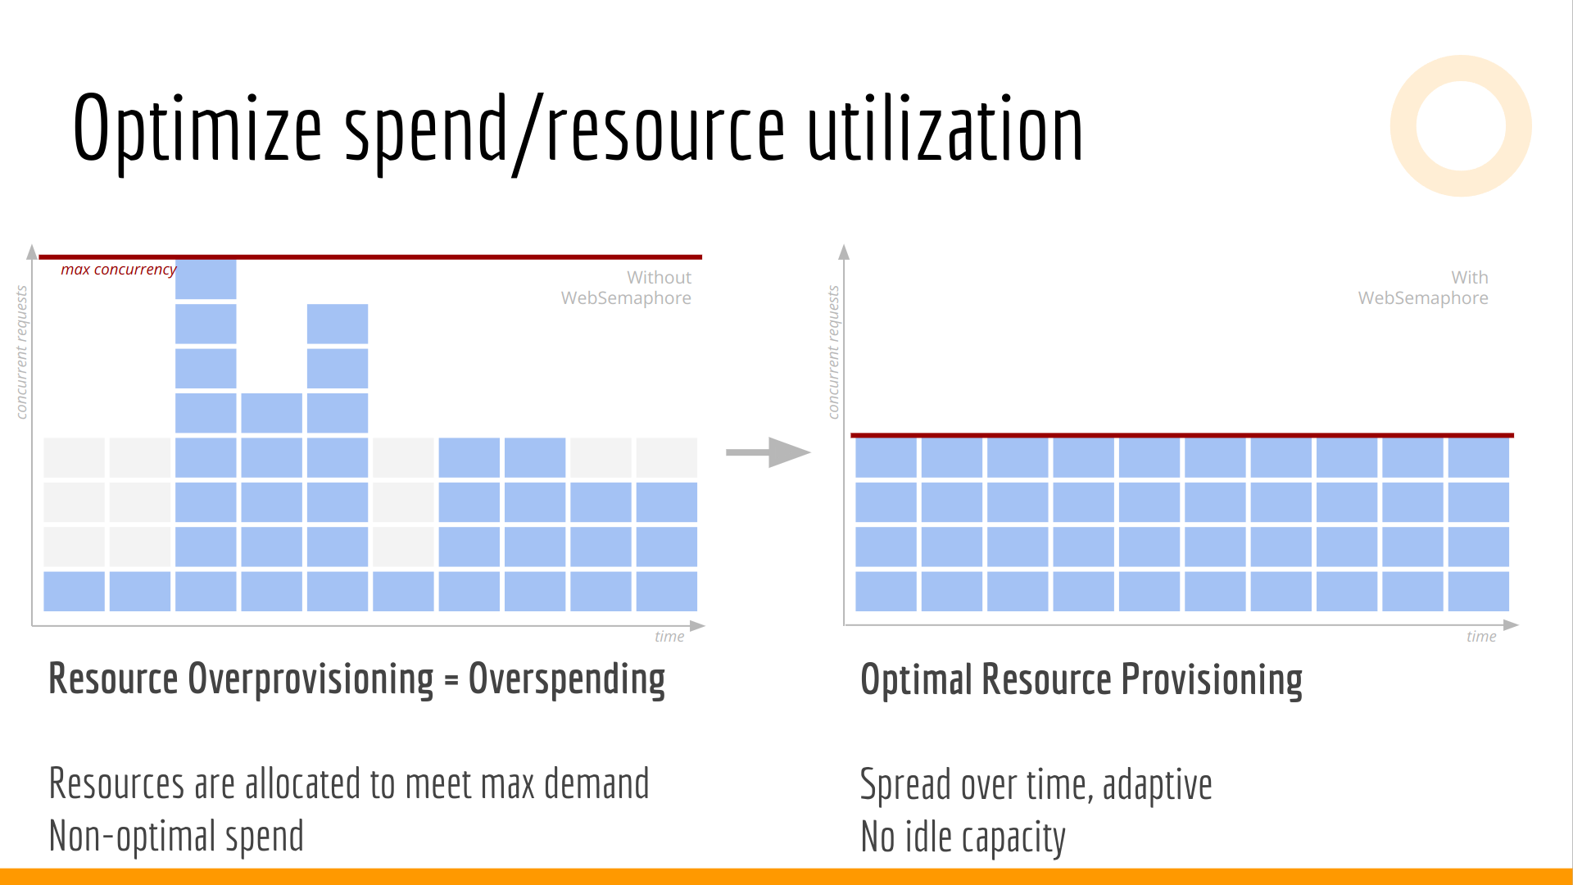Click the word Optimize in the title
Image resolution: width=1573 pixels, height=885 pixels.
click(x=197, y=129)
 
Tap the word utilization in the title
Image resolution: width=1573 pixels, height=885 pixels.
click(x=945, y=128)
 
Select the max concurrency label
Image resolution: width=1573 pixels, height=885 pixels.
click(x=118, y=270)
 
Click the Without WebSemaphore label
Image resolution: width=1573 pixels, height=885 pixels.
click(x=626, y=288)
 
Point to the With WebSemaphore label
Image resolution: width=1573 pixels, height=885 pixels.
click(x=1423, y=288)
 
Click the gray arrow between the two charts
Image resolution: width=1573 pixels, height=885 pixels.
click(x=768, y=452)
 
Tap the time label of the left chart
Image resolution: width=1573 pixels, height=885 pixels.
click(x=669, y=637)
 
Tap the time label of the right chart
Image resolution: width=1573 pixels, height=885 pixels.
click(x=1481, y=637)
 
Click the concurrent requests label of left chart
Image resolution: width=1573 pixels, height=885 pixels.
click(x=21, y=352)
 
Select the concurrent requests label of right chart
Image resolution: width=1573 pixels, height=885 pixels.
click(x=833, y=352)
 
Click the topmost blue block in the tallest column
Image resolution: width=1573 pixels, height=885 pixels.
click(x=206, y=279)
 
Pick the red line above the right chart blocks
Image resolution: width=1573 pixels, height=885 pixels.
click(x=1182, y=435)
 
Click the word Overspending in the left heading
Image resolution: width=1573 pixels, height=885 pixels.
click(x=567, y=679)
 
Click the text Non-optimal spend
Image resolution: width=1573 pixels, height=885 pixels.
click(x=176, y=836)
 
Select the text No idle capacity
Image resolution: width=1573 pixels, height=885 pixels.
click(x=963, y=837)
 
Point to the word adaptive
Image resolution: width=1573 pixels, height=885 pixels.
click(x=1157, y=785)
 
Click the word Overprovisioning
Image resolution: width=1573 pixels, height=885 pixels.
click(x=311, y=679)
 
